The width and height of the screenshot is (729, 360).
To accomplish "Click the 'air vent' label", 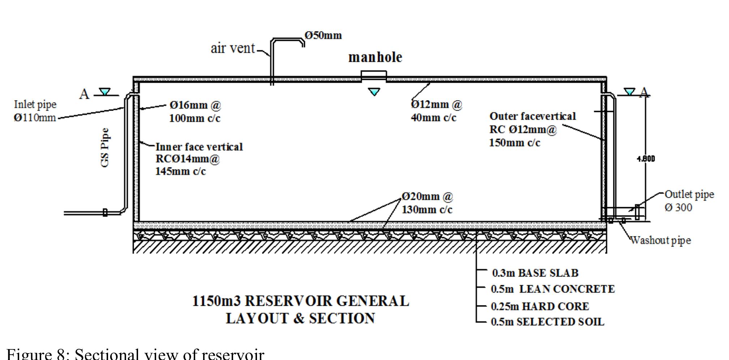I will pos(233,48).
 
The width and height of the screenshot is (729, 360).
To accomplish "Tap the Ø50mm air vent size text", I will pos(323,35).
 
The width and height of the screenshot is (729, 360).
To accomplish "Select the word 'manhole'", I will pos(375,57).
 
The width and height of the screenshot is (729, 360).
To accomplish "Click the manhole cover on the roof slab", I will pos(374,75).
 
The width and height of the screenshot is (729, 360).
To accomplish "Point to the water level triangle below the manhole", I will pos(374,92).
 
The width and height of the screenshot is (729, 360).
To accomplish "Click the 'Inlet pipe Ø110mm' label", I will pos(35,111).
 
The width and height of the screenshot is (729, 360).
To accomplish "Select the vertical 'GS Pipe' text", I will pos(104,147).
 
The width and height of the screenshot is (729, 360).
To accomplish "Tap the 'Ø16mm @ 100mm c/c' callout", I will pos(195,111).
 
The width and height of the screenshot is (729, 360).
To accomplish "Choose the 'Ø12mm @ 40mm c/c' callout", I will pos(436,111).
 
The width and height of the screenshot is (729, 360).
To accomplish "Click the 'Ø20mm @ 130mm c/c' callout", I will pos(427,203).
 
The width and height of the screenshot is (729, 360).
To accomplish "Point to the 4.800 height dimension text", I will pos(646,159).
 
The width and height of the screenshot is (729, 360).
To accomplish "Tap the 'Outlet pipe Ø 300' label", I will pos(689,201).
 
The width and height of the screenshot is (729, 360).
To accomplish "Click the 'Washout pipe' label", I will pos(661,240).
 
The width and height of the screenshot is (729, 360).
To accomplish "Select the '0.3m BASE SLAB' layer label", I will pos(535,273).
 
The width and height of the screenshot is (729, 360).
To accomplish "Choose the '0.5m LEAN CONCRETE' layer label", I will pos(552,289).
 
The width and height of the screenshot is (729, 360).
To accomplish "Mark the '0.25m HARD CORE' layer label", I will pos(540,307).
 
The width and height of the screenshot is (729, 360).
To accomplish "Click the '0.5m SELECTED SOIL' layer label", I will pos(547,322).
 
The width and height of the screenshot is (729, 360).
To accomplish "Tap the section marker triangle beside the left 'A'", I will pos(105,92).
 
